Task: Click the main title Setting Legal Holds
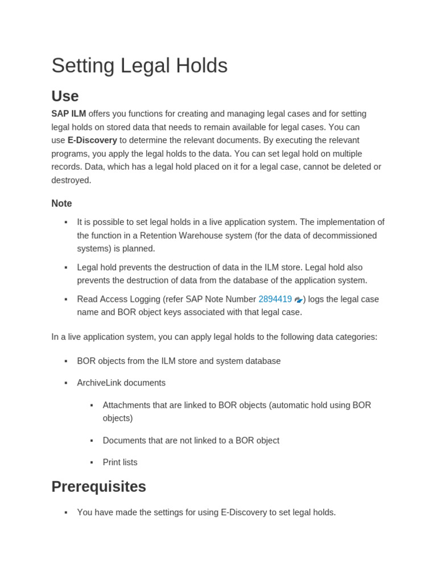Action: click(139, 65)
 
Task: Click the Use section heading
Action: click(65, 96)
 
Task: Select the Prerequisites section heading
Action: click(98, 487)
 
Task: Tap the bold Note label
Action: click(61, 203)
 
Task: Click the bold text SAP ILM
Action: click(68, 114)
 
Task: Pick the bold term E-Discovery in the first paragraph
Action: click(92, 140)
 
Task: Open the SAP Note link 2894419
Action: click(275, 299)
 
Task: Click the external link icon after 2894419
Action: click(298, 300)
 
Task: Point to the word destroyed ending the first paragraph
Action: click(71, 180)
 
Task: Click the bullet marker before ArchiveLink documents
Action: click(66, 383)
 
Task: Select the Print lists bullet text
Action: click(120, 462)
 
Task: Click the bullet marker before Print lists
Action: click(92, 462)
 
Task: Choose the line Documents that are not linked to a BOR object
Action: click(191, 441)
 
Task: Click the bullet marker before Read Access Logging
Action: click(66, 299)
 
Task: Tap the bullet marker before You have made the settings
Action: click(66, 512)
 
